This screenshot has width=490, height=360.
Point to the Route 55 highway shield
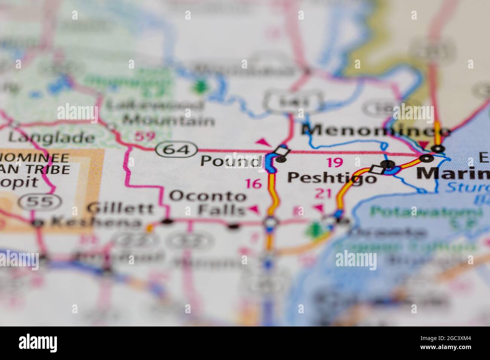pos(40,202)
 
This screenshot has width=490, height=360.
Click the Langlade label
pos(51,137)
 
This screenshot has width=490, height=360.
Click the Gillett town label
pos(120,208)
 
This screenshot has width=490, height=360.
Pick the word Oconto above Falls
pos(208,196)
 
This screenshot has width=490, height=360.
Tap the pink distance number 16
pos(253,184)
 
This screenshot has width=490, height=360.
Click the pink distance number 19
pos(334,162)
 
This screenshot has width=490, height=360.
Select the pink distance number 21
pos(323,194)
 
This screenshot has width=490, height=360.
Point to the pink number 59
pos(145,136)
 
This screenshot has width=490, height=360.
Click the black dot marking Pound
pos(281,159)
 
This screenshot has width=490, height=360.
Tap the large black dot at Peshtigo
pos(388,164)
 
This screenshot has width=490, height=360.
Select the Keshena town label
pos(97,222)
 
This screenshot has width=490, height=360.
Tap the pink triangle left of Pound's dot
pos(263,142)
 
